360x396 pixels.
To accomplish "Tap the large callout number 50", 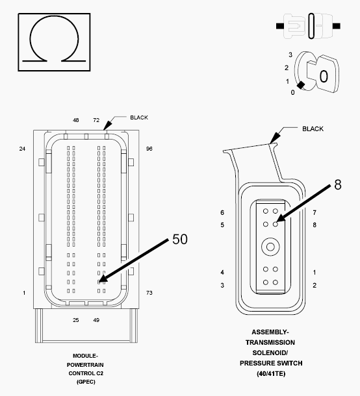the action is click(x=180, y=239).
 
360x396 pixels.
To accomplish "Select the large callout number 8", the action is click(x=338, y=184).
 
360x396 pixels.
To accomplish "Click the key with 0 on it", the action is click(x=326, y=74).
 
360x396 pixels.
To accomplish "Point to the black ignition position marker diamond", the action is click(x=301, y=85).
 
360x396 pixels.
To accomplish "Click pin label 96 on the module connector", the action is click(x=149, y=149).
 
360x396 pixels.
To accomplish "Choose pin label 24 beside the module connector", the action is click(x=22, y=149).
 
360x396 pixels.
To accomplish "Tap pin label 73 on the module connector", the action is click(x=149, y=293).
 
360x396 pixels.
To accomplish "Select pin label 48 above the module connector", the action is click(x=76, y=120).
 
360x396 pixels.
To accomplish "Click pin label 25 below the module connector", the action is click(x=76, y=320).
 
